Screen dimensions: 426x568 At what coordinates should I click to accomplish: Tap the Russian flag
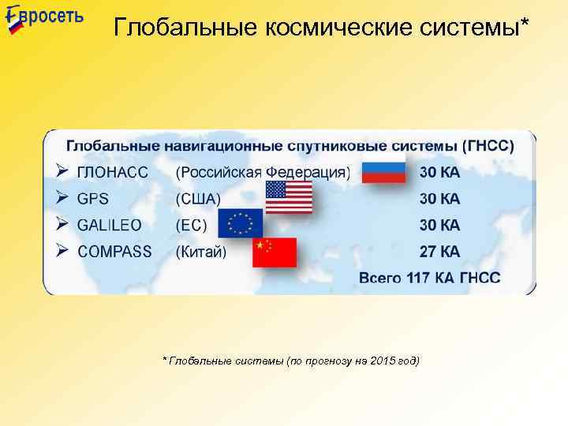coord(383,170)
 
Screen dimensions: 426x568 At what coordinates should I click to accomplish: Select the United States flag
coord(289,197)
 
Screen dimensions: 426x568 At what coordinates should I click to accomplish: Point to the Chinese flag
coord(275,252)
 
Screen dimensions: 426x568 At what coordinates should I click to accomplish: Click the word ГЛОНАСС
coord(113,172)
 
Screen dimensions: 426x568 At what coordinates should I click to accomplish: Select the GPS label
coord(93,199)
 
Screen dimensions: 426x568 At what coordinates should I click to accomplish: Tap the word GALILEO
coord(110,226)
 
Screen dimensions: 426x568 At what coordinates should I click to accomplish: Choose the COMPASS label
coord(114,252)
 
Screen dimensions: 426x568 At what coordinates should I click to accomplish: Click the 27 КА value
coord(439,252)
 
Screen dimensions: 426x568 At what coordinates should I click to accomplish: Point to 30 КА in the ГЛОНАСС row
coord(439,172)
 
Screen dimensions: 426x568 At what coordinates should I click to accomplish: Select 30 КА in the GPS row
coord(439,199)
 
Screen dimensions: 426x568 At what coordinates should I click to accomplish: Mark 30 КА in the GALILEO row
coord(439,226)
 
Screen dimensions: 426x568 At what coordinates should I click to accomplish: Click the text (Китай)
coord(200,252)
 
